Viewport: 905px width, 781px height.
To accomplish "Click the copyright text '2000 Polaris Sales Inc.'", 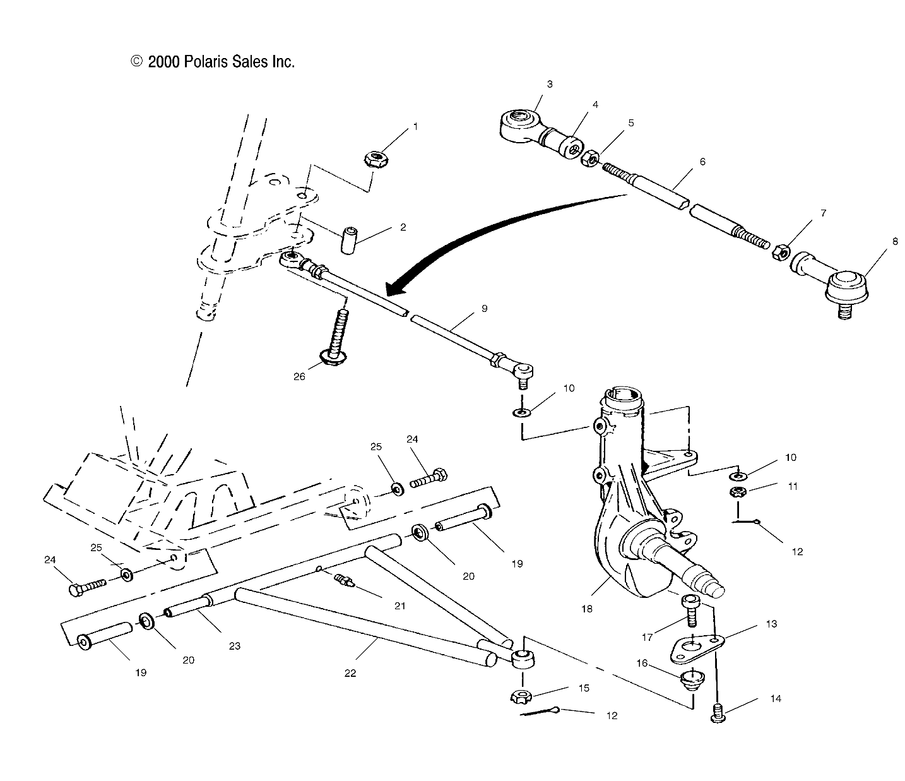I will pyautogui.click(x=213, y=62).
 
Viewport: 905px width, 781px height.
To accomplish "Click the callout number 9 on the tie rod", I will pyautogui.click(x=484, y=309).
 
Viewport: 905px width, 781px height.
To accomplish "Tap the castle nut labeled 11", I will pyautogui.click(x=736, y=492).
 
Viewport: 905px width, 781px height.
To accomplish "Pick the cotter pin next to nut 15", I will pyautogui.click(x=540, y=712).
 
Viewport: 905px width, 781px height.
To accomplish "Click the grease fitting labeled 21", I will pyautogui.click(x=345, y=578).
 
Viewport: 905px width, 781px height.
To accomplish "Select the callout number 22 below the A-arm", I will pyautogui.click(x=350, y=673).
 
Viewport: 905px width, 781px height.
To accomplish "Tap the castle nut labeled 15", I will pyautogui.click(x=521, y=697).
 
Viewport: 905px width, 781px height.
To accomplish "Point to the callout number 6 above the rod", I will pyautogui.click(x=702, y=162).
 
